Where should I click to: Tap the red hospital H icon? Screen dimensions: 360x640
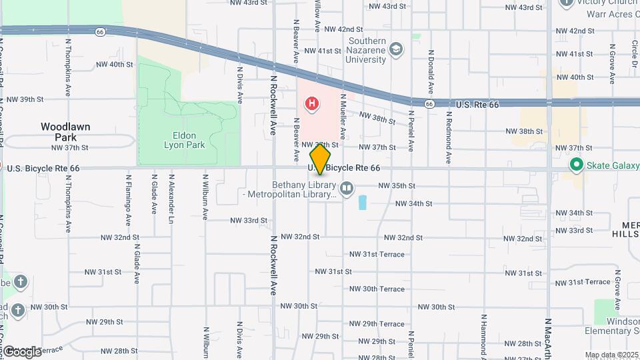click(311, 103)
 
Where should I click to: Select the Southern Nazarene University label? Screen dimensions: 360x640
click(367, 51)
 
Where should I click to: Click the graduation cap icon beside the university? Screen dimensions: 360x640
click(397, 50)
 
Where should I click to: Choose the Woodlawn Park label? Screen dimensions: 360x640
click(65, 131)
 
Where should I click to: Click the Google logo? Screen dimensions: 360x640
click(22, 351)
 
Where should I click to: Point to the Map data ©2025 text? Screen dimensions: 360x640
click(611, 355)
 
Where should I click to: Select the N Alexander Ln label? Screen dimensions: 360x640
click(171, 198)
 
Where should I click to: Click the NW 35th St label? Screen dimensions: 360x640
click(397, 186)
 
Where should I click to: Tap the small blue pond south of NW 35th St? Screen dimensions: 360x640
click(363, 203)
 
